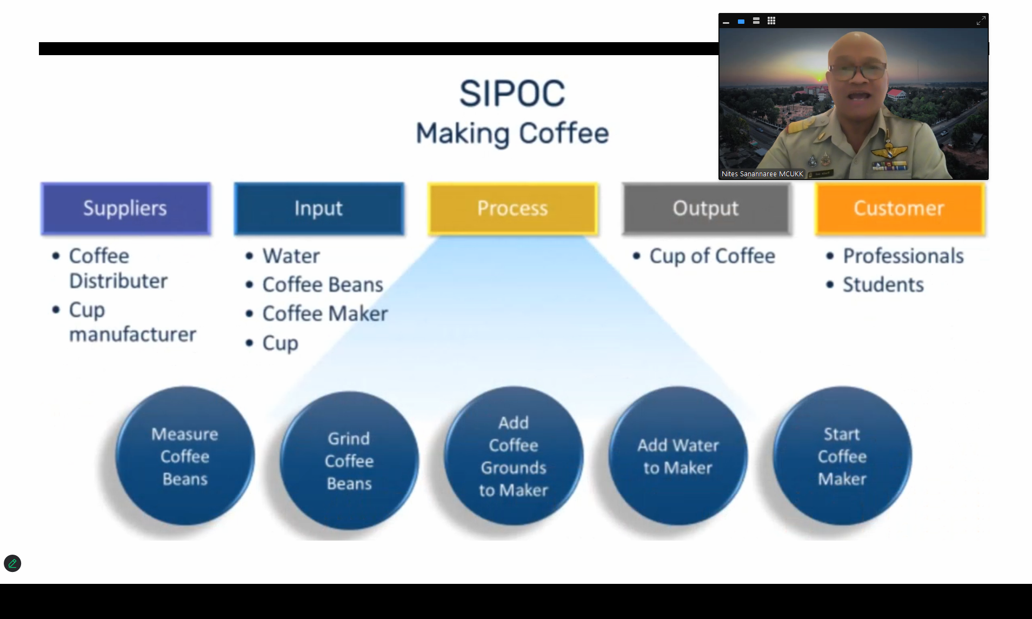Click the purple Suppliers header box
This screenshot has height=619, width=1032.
click(125, 209)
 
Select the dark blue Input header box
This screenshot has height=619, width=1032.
click(319, 209)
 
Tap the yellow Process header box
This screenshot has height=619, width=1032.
click(512, 209)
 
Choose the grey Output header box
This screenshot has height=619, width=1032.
click(706, 209)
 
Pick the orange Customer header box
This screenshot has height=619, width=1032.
click(900, 209)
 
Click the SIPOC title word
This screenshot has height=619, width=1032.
click(512, 94)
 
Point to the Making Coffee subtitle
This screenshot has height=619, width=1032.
click(512, 134)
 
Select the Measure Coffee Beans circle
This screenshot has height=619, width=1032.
click(185, 456)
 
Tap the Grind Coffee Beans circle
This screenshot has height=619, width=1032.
click(349, 461)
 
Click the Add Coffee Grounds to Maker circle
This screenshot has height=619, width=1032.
click(514, 456)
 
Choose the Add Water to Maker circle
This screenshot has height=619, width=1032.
click(678, 456)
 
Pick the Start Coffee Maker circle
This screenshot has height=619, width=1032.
click(842, 456)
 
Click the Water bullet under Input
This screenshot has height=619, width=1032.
click(291, 256)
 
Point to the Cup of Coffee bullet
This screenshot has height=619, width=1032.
click(712, 256)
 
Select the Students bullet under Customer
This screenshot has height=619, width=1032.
click(883, 285)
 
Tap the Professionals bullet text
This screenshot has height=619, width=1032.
click(903, 256)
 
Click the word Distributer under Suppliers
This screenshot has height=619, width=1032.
click(118, 281)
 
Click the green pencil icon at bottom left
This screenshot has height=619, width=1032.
click(12, 563)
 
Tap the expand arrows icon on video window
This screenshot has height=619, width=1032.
click(981, 21)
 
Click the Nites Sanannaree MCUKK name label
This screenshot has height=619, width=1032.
click(762, 174)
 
